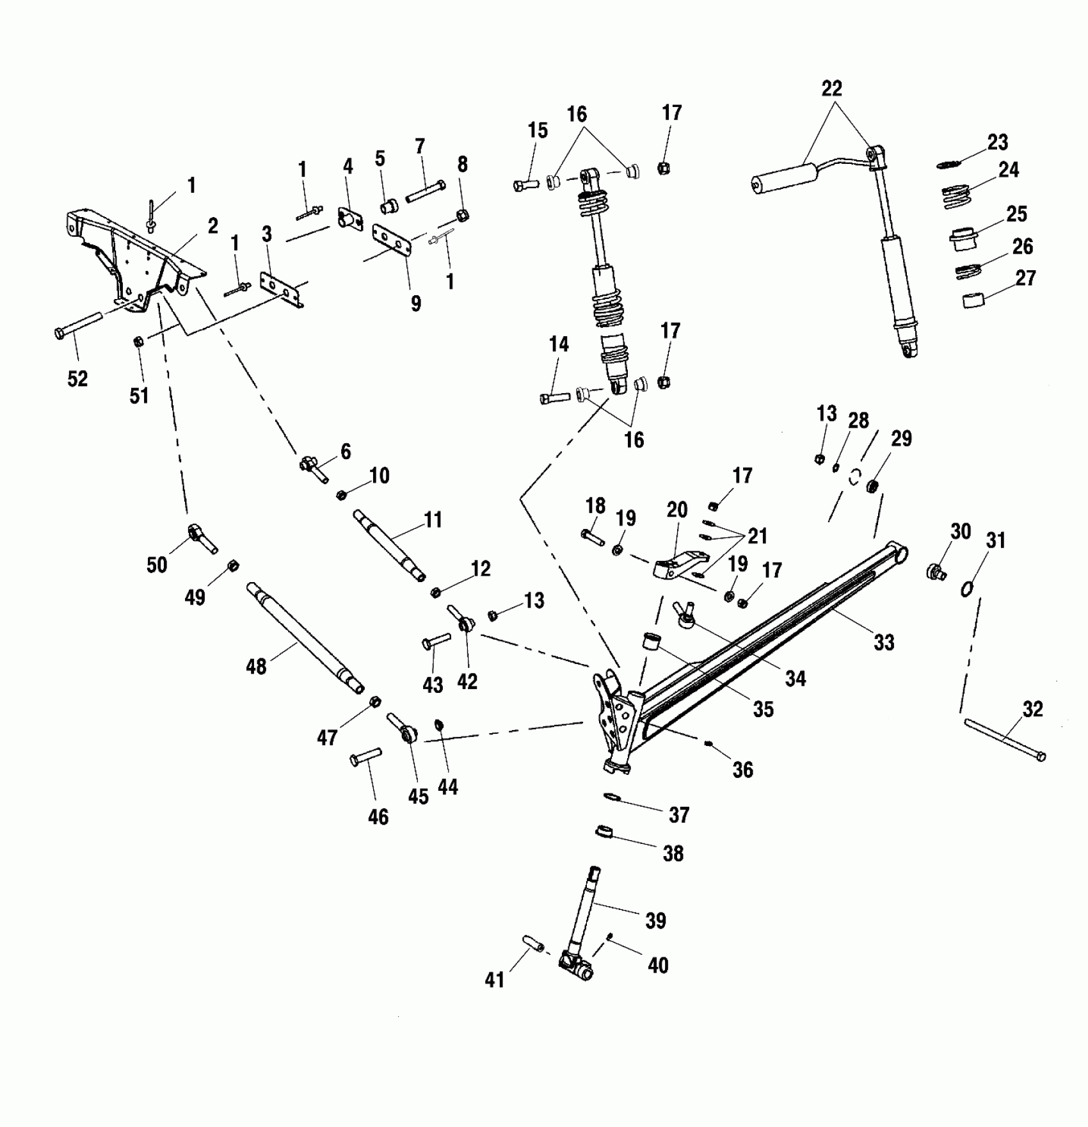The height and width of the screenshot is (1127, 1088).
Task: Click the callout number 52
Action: click(77, 378)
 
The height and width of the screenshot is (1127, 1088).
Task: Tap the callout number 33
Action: click(884, 642)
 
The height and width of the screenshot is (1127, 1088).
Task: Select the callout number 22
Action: click(831, 88)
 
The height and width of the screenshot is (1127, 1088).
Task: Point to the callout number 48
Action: click(256, 667)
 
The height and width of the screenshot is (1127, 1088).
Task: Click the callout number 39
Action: click(656, 920)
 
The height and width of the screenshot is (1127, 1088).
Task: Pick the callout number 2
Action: click(212, 225)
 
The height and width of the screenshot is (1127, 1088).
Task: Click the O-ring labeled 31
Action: click(967, 588)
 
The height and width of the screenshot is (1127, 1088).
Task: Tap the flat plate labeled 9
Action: click(391, 241)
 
